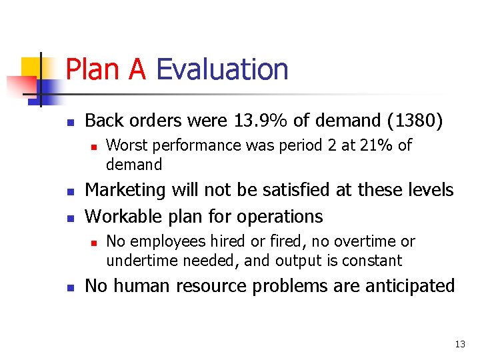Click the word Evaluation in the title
click(221, 69)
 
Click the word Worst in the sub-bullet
click(125, 145)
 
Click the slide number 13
click(459, 344)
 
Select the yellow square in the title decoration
click(31, 67)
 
